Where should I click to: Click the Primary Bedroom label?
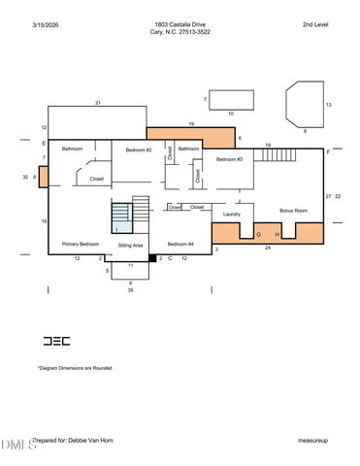point(81,244)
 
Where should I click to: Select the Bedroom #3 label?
point(229,158)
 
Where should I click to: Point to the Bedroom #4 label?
point(180,244)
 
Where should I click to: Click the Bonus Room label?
point(293,211)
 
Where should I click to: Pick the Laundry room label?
point(231,214)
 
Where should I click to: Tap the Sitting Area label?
point(131,247)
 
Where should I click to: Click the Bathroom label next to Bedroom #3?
point(188,150)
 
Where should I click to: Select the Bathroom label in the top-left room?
point(73,150)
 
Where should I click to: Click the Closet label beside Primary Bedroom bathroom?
point(97,179)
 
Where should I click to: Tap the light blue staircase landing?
point(121,223)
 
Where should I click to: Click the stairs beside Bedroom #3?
point(278,154)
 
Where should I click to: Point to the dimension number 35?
point(130,290)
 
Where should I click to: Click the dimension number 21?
point(98,103)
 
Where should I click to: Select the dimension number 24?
point(267,249)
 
